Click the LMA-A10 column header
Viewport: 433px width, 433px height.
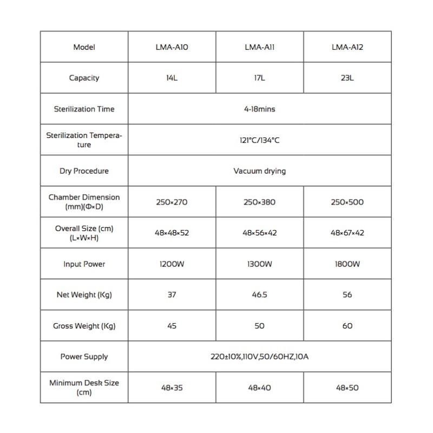pos(171,47)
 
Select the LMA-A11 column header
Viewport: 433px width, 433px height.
pos(259,47)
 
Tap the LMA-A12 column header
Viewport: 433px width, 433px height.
pos(347,47)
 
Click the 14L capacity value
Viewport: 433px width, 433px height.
pos(171,78)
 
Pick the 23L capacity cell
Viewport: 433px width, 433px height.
pos(347,78)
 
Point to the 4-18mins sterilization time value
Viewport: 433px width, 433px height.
pos(259,109)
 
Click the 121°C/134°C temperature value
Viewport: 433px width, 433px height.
pos(259,140)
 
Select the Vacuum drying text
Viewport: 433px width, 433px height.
pos(259,171)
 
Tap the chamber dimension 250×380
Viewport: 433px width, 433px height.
pos(259,202)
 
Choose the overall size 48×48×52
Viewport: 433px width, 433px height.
pos(171,233)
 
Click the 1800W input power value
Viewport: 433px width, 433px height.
pos(347,264)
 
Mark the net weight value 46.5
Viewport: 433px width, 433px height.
pos(259,295)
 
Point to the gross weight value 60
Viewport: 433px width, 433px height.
pos(347,326)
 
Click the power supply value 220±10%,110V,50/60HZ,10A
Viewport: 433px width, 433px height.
pos(259,357)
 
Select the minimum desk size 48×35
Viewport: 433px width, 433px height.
pos(171,388)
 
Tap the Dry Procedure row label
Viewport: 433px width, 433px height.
pos(84,171)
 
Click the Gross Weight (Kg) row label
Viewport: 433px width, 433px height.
pos(84,326)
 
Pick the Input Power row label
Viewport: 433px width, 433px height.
pos(84,264)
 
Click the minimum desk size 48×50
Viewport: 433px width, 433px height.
pos(347,388)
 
